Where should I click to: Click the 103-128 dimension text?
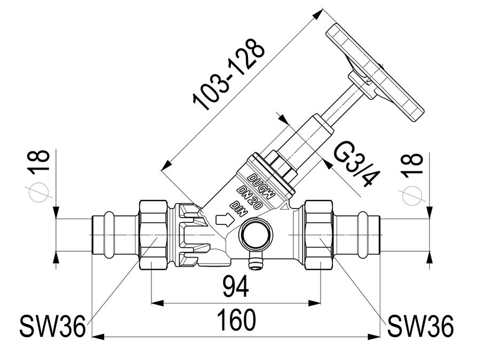click(228, 74)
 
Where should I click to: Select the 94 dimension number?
click(236, 286)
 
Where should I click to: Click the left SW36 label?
click(52, 326)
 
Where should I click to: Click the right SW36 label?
click(421, 326)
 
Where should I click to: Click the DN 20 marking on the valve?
click(250, 197)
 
